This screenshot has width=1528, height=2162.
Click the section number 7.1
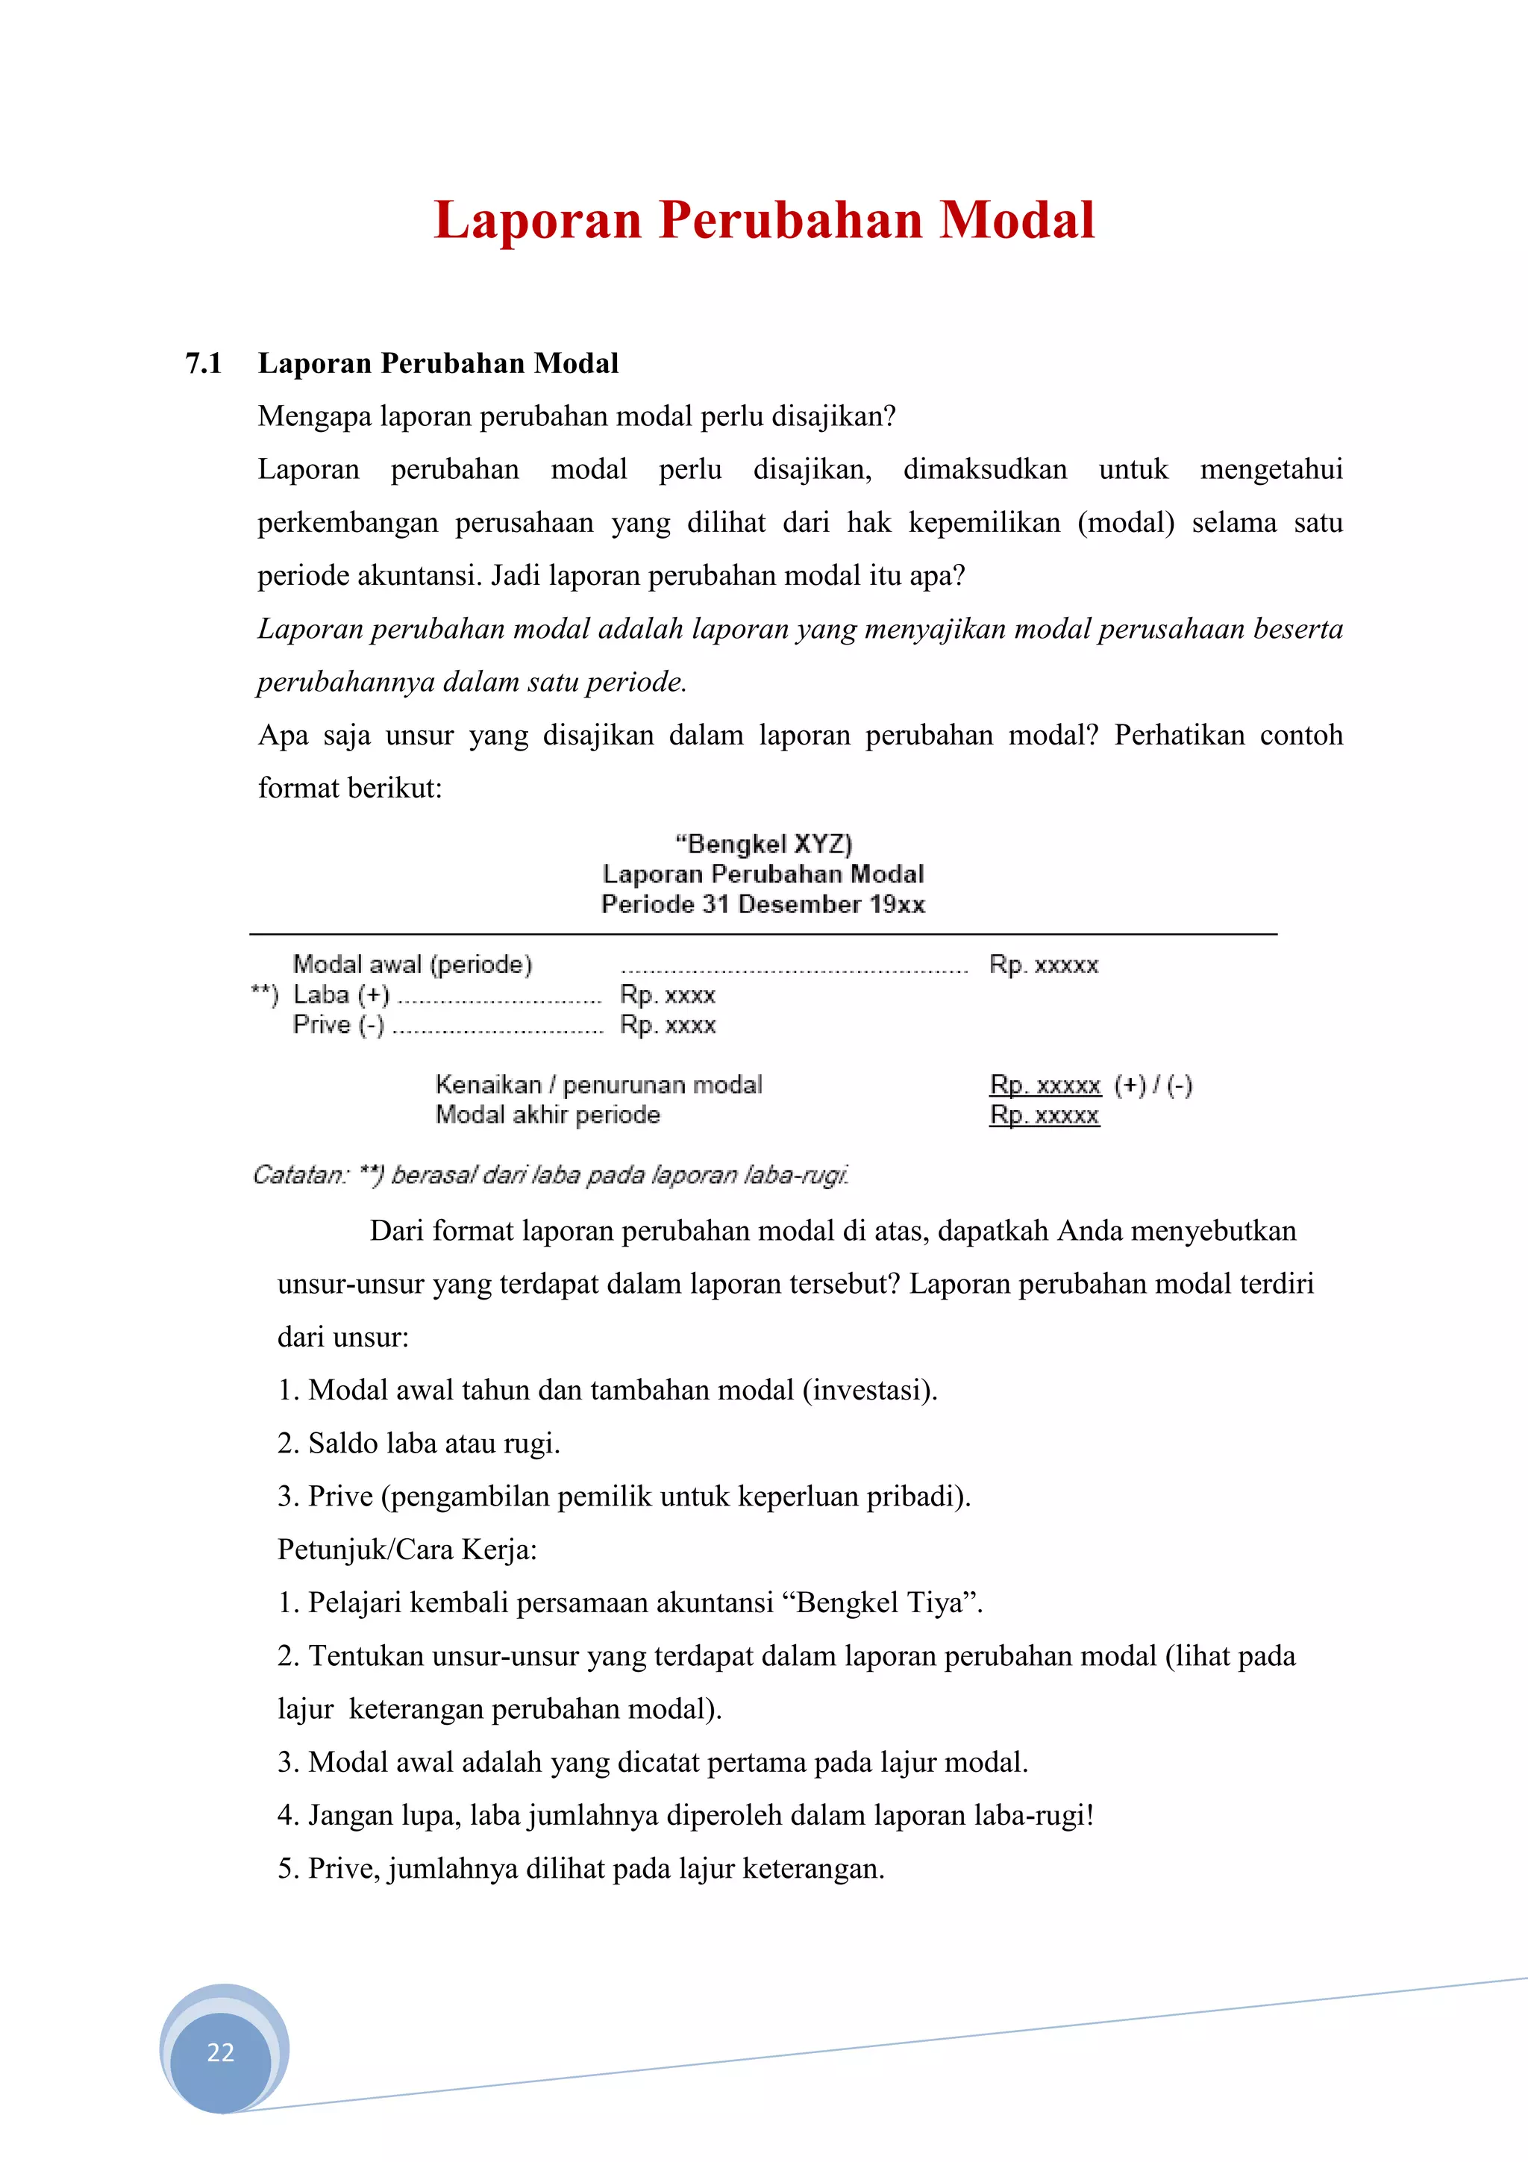tap(204, 363)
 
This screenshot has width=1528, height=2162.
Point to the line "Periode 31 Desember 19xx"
tap(763, 905)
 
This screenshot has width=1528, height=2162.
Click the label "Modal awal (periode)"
tap(413, 964)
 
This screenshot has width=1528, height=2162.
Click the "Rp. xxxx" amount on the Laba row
tap(668, 994)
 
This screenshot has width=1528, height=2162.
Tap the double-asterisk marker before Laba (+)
tap(265, 994)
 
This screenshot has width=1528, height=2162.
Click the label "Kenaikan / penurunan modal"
tap(599, 1085)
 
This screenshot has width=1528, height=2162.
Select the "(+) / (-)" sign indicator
tap(1153, 1085)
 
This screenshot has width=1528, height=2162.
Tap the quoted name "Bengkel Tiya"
tap(883, 1602)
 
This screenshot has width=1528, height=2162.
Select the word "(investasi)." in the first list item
tap(870, 1390)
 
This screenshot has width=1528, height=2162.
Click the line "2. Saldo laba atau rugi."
tap(419, 1444)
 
